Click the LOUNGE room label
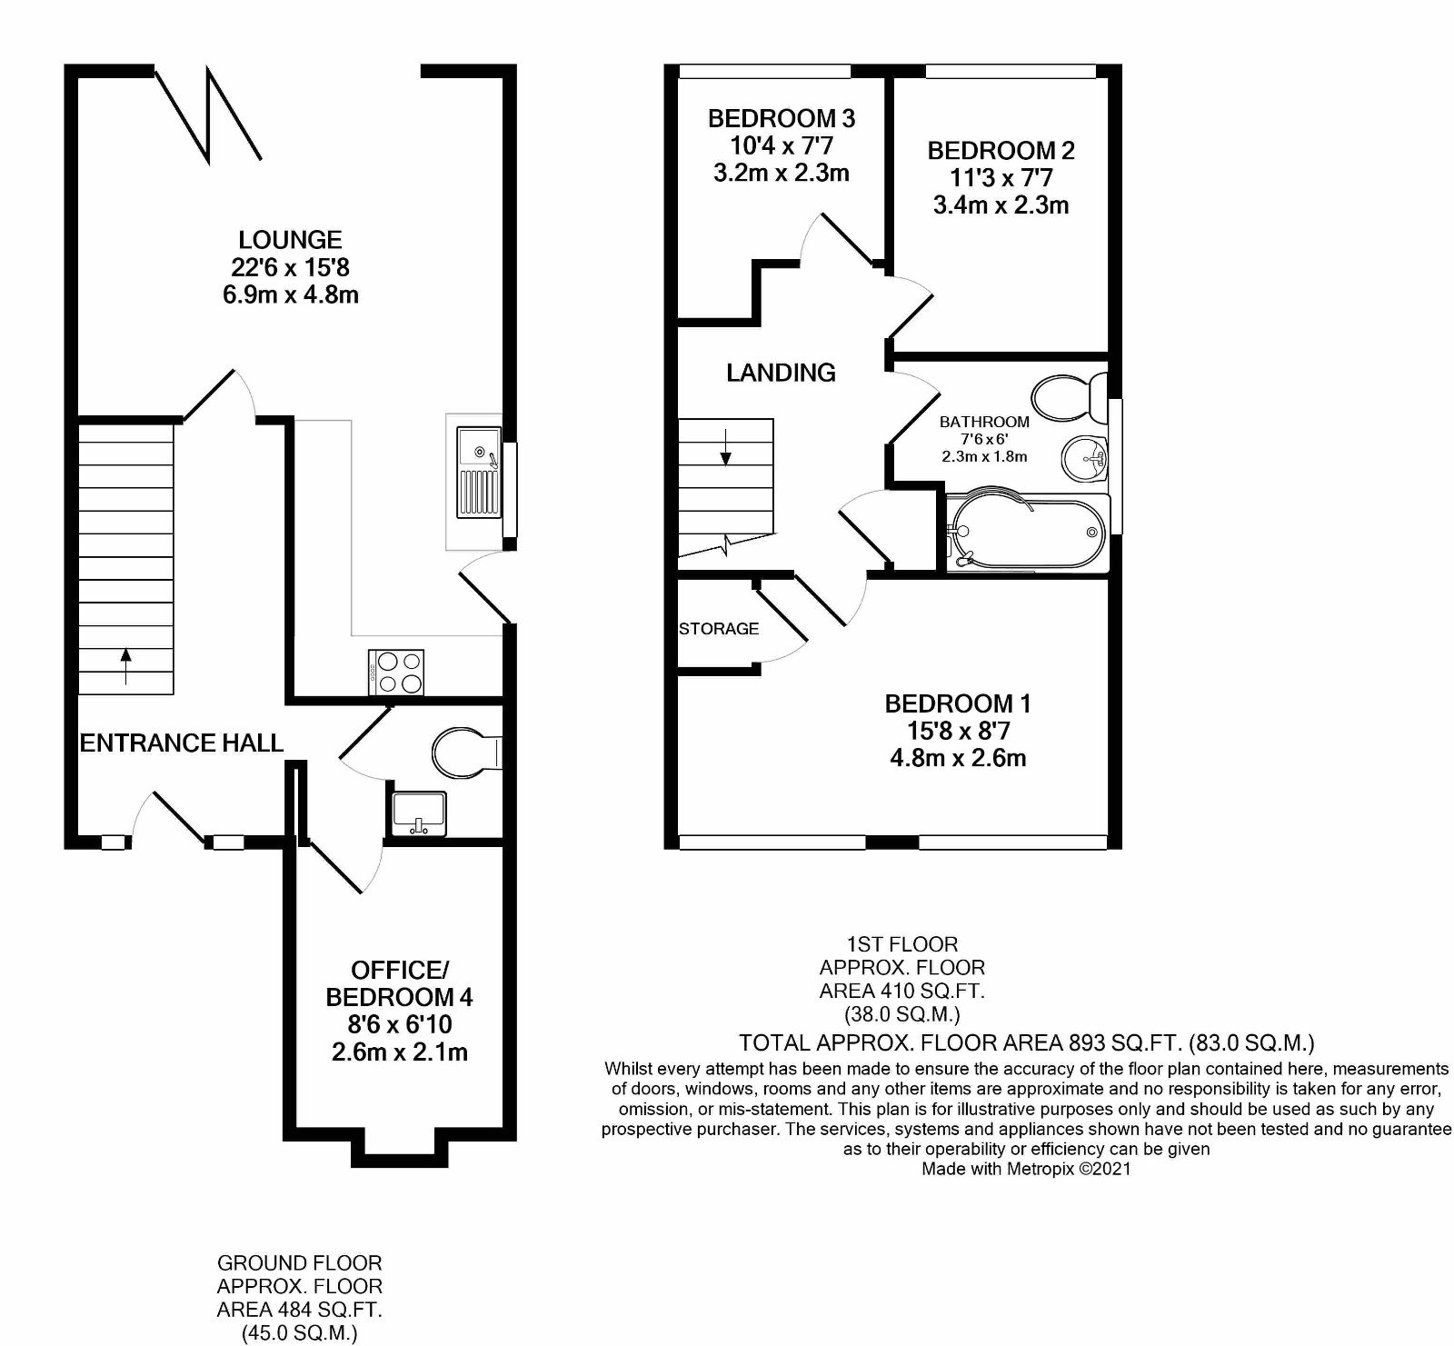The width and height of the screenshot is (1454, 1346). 290,240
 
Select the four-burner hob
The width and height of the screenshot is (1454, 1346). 396,673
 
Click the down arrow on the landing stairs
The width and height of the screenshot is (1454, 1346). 725,449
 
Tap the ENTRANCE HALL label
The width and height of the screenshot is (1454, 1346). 182,743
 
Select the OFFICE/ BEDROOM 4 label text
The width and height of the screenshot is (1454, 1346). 399,982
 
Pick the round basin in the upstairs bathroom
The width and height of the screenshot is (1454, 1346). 1082,454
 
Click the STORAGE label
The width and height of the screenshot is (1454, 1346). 719,628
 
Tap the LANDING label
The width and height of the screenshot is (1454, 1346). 781,372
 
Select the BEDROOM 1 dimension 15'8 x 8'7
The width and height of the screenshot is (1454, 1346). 958,731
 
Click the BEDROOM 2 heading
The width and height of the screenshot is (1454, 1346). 1001,150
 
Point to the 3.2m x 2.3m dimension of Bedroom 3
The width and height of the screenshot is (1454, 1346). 782,173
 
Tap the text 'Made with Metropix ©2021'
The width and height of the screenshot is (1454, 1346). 1026,1169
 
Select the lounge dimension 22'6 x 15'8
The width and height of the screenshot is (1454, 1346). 290,267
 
